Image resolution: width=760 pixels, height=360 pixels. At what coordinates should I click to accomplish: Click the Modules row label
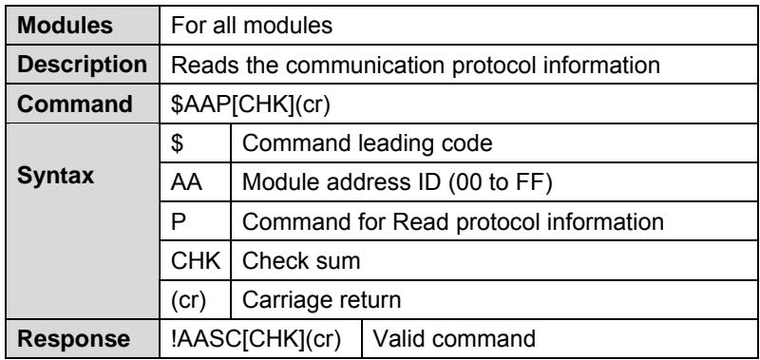coord(65,26)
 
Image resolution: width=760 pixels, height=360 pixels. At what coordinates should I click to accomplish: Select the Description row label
coord(83,65)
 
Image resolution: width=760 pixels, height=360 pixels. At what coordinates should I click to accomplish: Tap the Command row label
coord(75,104)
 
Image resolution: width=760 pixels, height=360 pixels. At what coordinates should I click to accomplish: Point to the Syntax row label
coord(56,177)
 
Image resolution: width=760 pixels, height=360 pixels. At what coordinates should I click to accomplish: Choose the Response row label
coord(74,339)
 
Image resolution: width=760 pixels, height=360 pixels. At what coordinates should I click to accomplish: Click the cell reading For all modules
coord(252,26)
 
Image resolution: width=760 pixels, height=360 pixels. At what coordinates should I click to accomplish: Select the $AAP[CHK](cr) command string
coord(251,104)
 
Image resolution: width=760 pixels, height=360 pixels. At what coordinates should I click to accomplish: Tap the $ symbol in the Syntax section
coord(177,143)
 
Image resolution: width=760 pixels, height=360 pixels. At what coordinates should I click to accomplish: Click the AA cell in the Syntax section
coord(186,182)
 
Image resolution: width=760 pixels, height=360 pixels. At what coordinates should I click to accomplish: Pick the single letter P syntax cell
coord(178,222)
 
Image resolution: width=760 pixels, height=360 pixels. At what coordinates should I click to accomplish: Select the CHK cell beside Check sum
coord(196,261)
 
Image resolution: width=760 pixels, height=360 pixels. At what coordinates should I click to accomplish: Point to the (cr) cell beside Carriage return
coord(188,300)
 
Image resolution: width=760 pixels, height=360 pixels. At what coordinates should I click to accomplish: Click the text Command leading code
coord(367,143)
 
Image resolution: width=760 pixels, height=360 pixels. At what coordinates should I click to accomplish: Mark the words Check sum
coord(301,261)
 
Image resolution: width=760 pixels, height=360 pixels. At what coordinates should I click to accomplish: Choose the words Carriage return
coord(321,300)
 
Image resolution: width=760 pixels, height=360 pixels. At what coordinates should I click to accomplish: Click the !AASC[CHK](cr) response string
coord(256,339)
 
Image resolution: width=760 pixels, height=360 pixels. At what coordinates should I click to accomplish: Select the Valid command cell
coord(454,339)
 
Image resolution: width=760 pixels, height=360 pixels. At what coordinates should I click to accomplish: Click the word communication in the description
coord(365,65)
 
